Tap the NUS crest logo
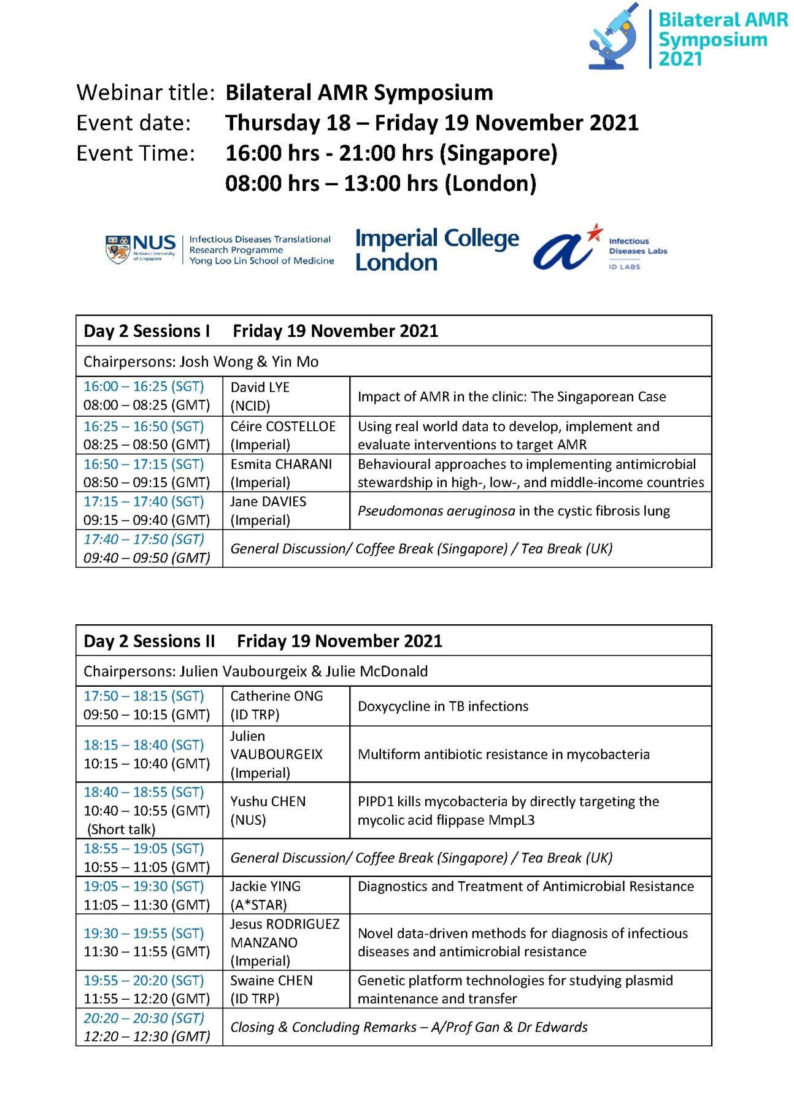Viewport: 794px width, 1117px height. pyautogui.click(x=117, y=249)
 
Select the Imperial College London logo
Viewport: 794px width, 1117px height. pyautogui.click(x=436, y=249)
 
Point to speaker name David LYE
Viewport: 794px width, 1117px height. pyautogui.click(x=260, y=387)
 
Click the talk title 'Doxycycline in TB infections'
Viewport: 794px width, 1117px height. pyautogui.click(x=442, y=706)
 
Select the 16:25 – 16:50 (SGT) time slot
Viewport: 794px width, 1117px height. pyautogui.click(x=144, y=427)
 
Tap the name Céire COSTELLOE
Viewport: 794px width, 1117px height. pyautogui.click(x=283, y=427)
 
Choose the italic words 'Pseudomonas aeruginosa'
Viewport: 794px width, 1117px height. pyautogui.click(x=436, y=511)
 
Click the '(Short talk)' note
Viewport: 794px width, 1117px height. pyautogui.click(x=121, y=830)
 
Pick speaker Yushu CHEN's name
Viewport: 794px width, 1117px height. pyautogui.click(x=268, y=802)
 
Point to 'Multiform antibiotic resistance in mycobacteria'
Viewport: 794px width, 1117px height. pyautogui.click(x=503, y=754)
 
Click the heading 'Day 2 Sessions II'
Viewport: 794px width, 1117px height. pyautogui.click(x=149, y=641)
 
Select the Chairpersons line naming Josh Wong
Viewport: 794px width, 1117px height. pyautogui.click(x=201, y=362)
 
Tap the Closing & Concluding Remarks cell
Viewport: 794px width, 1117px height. pyautogui.click(x=409, y=1027)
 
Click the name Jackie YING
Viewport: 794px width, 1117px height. pyautogui.click(x=265, y=887)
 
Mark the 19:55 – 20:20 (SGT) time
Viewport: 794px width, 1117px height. pyautogui.click(x=144, y=981)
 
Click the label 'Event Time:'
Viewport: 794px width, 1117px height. pyautogui.click(x=136, y=153)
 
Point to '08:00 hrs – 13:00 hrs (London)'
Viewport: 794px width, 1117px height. pyautogui.click(x=380, y=184)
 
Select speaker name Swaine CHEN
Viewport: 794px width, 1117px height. pyautogui.click(x=271, y=981)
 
